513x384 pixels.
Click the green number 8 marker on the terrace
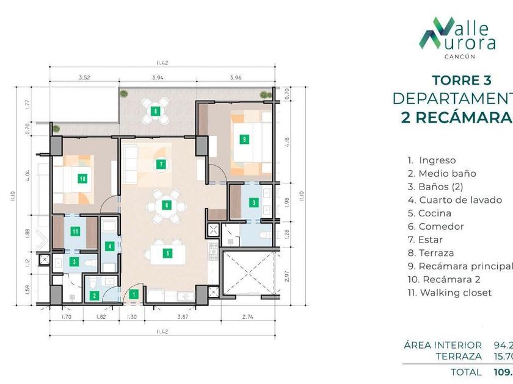[156, 111]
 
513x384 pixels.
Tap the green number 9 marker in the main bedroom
[244, 139]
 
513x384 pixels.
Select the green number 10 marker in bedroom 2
[82, 179]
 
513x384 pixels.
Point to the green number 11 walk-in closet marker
[75, 231]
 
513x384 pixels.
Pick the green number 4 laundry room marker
[109, 247]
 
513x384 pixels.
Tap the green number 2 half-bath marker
[94, 296]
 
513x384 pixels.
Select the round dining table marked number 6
[166, 205]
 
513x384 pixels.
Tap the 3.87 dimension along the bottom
[182, 318]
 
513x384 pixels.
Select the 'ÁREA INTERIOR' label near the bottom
[443, 345]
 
